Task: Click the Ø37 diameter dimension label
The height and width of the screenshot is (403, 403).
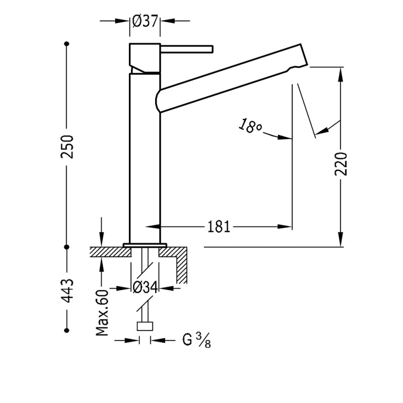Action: (x=145, y=21)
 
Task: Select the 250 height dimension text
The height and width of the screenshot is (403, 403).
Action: (x=68, y=147)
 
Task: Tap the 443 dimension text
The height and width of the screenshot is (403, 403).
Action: (x=68, y=291)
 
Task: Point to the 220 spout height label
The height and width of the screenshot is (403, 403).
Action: (x=341, y=164)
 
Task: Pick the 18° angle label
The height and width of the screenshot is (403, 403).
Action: (x=250, y=125)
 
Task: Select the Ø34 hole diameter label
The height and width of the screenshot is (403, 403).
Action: (x=145, y=288)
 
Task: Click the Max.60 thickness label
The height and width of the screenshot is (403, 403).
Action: (x=102, y=313)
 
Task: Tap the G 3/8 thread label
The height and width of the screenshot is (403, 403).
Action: (x=196, y=341)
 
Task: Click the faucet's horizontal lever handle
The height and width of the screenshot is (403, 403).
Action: (x=186, y=49)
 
